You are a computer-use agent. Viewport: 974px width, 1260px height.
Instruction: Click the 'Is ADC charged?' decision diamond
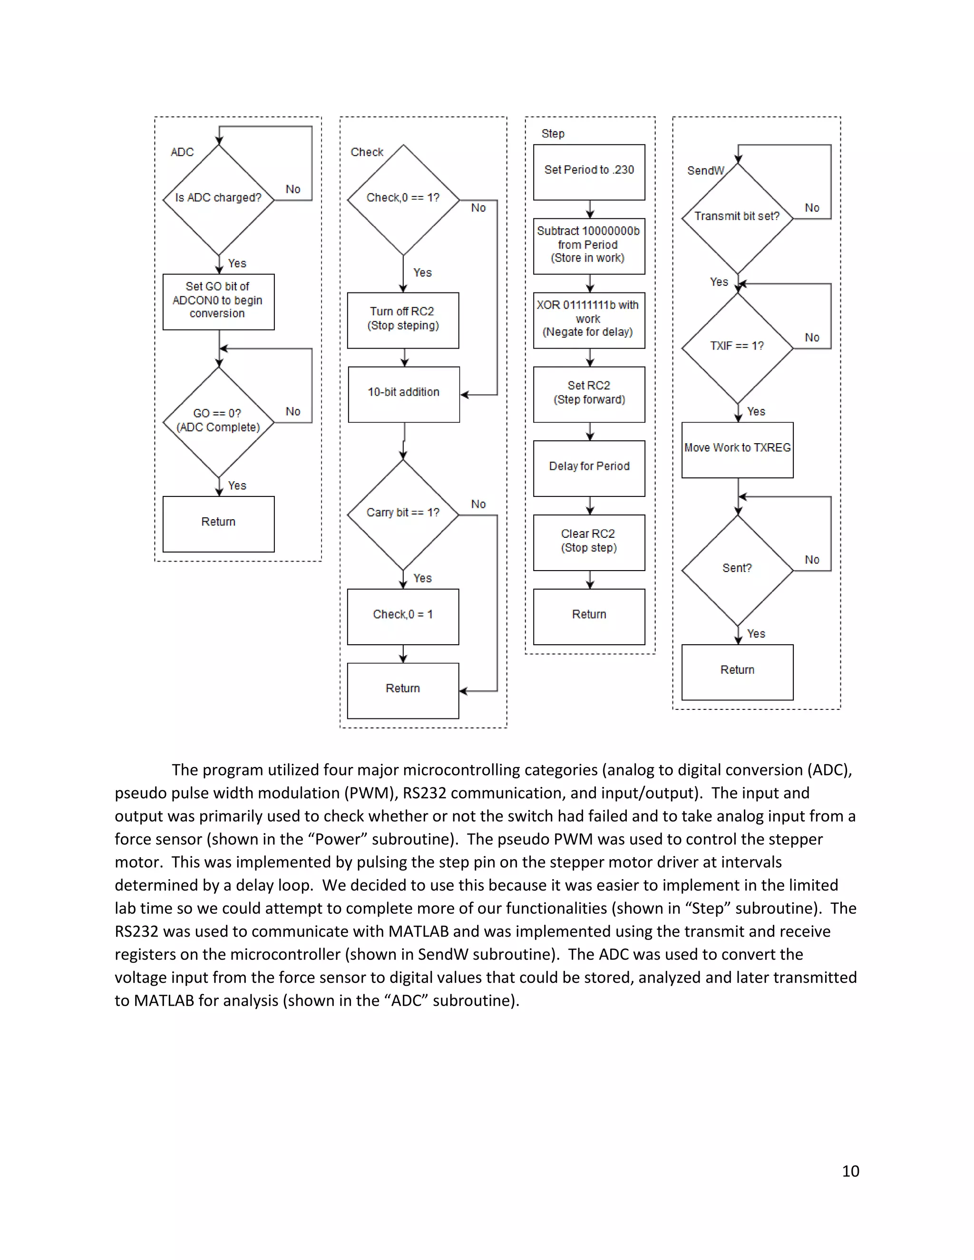pyautogui.click(x=219, y=199)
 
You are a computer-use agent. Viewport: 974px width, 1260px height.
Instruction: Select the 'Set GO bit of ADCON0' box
pyautogui.click(x=218, y=301)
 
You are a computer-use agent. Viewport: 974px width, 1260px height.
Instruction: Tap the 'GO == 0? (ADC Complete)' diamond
pyautogui.click(x=219, y=422)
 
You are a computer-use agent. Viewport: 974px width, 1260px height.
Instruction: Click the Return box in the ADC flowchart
pyautogui.click(x=218, y=523)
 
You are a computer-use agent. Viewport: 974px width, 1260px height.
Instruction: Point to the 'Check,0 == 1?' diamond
pyautogui.click(x=403, y=199)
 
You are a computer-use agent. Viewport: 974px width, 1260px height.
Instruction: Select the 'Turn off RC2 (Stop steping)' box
pyautogui.click(x=403, y=320)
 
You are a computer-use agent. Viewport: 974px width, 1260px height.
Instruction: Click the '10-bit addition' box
pyautogui.click(x=403, y=394)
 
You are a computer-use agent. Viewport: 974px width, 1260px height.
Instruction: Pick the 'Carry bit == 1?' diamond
pyautogui.click(x=403, y=514)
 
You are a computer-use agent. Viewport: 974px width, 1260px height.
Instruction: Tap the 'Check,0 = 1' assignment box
pyautogui.click(x=403, y=616)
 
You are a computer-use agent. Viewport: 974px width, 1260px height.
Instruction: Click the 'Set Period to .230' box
pyautogui.click(x=589, y=171)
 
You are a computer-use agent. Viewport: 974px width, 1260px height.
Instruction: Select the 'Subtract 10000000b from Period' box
pyautogui.click(x=589, y=246)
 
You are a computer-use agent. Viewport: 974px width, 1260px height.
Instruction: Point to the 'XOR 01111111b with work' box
pyautogui.click(x=589, y=320)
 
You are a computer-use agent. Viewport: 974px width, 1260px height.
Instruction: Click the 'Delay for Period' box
pyautogui.click(x=589, y=467)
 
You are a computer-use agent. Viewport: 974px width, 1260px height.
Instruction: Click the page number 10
pyautogui.click(x=850, y=1171)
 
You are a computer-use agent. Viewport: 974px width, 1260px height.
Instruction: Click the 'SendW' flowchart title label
pyautogui.click(x=705, y=171)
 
